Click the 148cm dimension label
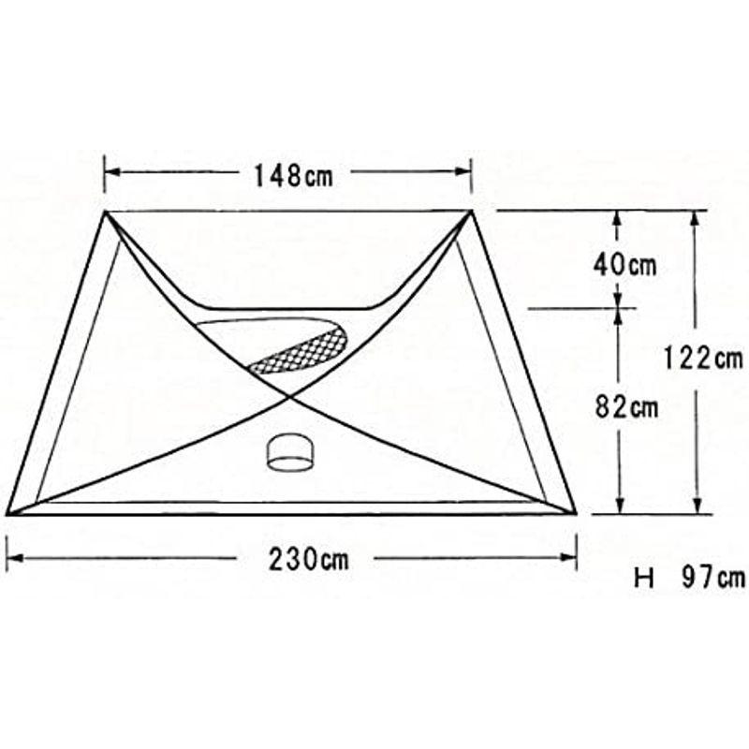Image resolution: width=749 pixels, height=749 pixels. tap(292, 174)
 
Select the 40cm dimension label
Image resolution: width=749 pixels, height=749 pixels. tap(624, 265)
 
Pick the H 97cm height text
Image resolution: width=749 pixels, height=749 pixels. tap(691, 579)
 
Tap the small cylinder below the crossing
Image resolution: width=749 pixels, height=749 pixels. tap(290, 452)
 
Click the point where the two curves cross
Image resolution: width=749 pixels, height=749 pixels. tap(288, 397)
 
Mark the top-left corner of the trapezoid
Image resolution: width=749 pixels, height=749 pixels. tap(106, 213)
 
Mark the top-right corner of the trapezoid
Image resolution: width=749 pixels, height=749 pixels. tap(471, 213)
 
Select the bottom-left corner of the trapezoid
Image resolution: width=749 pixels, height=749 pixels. tap(8, 513)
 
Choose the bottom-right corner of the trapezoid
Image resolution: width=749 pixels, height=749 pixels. tap(575, 512)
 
